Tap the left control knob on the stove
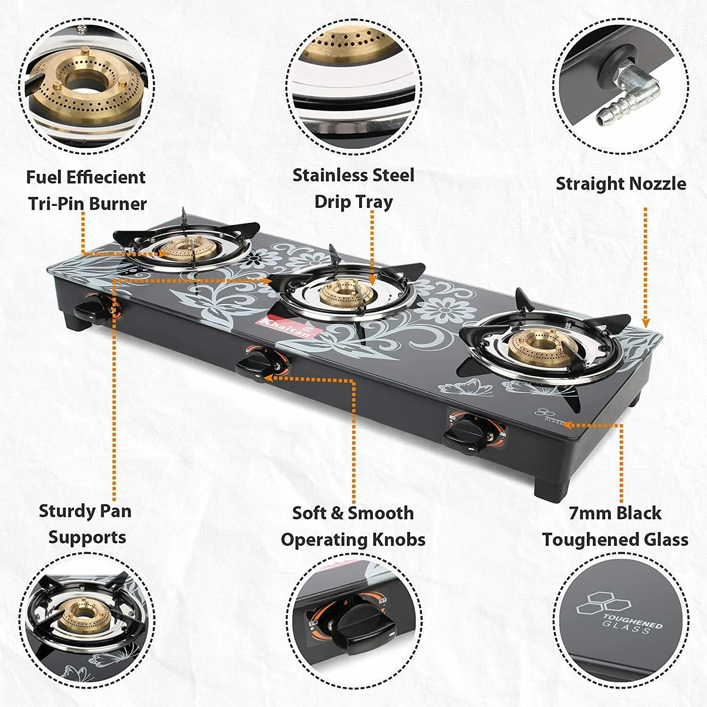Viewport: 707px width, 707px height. (x=92, y=312)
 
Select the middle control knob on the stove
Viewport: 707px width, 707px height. (x=257, y=365)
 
